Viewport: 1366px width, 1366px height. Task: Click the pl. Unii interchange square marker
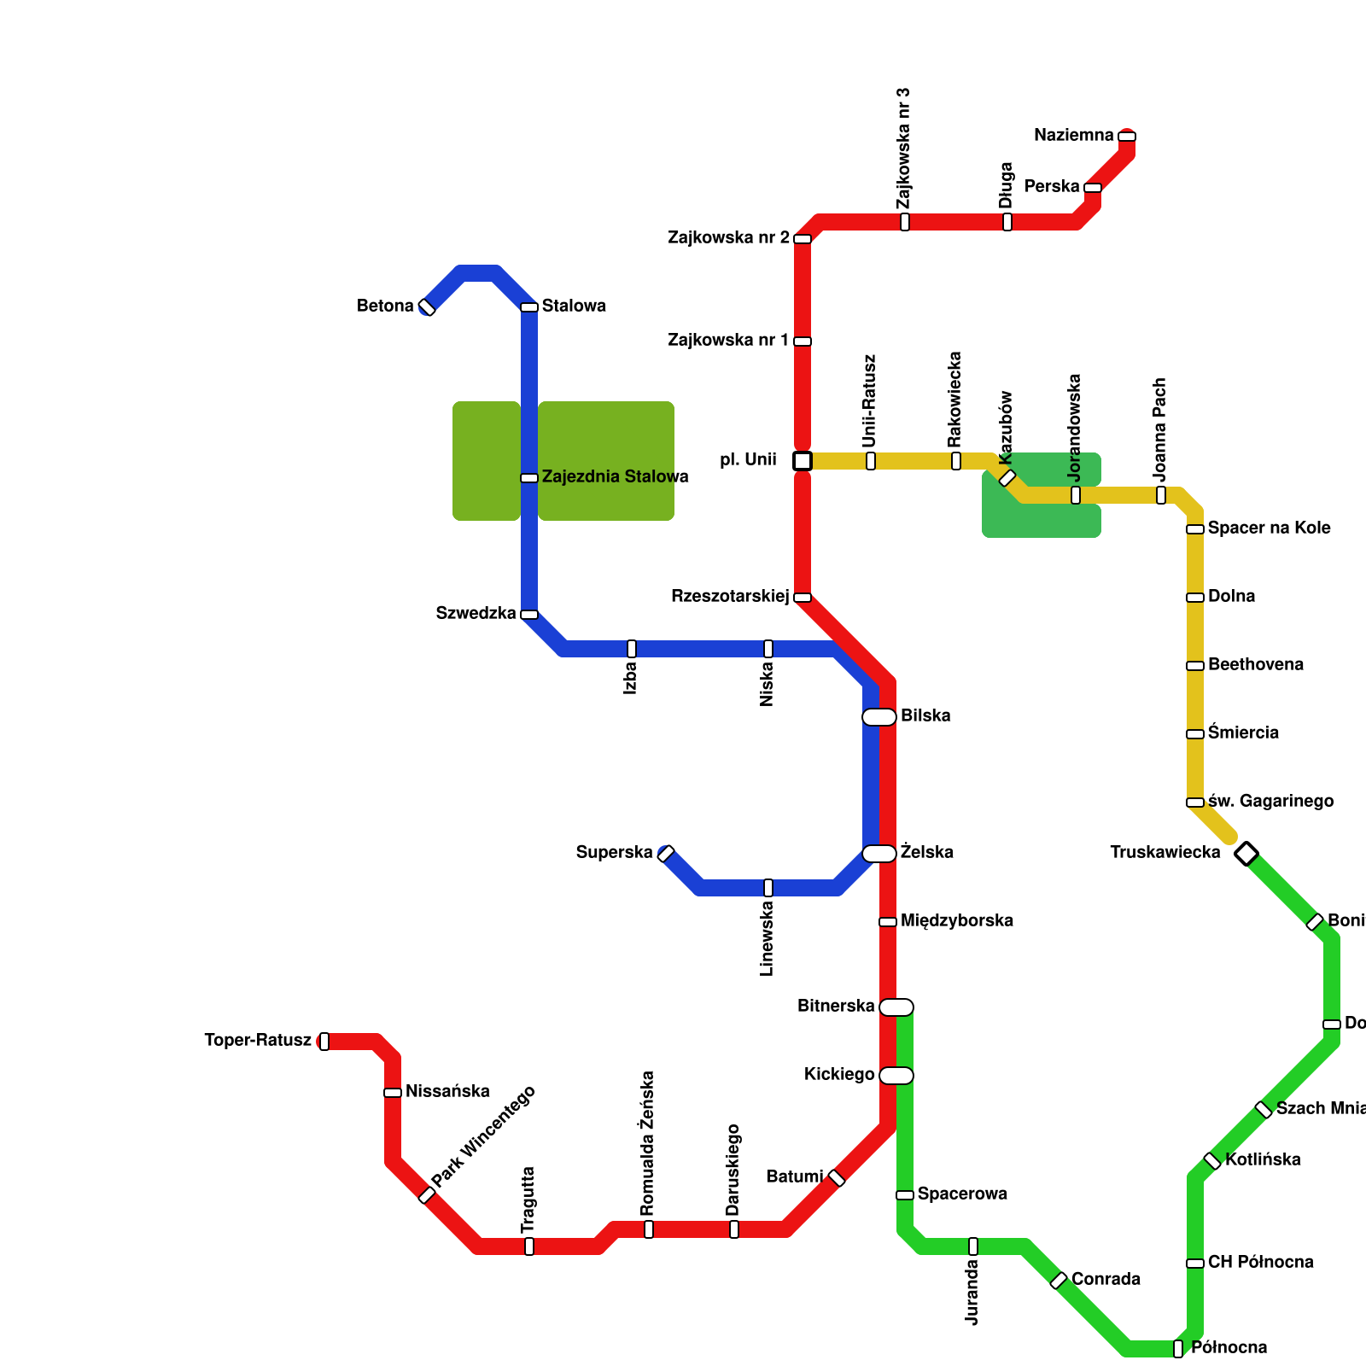[x=802, y=461]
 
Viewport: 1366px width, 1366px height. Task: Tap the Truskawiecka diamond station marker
[x=1246, y=853]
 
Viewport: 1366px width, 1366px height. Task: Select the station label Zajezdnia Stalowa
[x=615, y=476]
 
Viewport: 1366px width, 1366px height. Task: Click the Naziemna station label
[x=1073, y=135]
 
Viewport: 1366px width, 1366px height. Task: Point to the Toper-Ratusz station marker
[x=324, y=1041]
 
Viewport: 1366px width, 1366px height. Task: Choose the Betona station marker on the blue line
[x=427, y=307]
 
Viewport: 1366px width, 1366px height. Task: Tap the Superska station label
[x=614, y=852]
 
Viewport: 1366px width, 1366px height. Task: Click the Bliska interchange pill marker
[x=879, y=717]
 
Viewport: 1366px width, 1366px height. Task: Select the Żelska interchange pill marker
[x=879, y=854]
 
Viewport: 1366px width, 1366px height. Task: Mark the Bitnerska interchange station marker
[x=896, y=1007]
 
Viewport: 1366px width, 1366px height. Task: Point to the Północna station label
[x=1229, y=1347]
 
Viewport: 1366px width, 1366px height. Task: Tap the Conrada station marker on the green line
[x=1059, y=1281]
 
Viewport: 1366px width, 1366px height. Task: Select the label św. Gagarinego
[x=1270, y=801]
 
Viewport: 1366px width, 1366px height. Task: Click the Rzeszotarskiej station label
[x=730, y=596]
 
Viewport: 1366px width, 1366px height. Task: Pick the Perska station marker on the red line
[x=1093, y=188]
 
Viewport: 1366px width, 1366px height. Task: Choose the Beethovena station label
[x=1255, y=664]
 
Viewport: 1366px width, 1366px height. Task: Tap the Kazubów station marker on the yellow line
[x=1007, y=478]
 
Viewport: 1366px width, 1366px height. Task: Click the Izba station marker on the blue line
[x=632, y=649]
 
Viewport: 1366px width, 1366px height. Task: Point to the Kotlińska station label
[x=1263, y=1159]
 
